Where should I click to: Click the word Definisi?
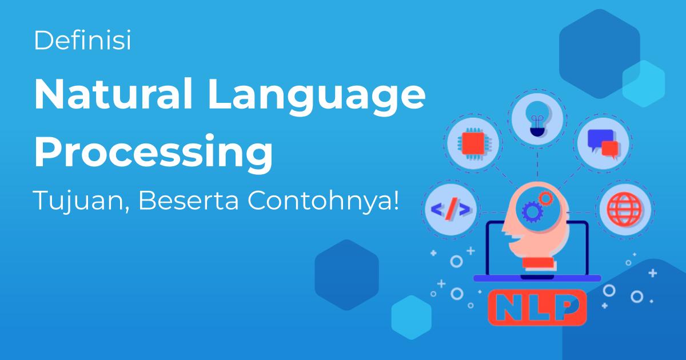point(82,41)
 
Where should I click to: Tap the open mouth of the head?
point(512,239)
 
